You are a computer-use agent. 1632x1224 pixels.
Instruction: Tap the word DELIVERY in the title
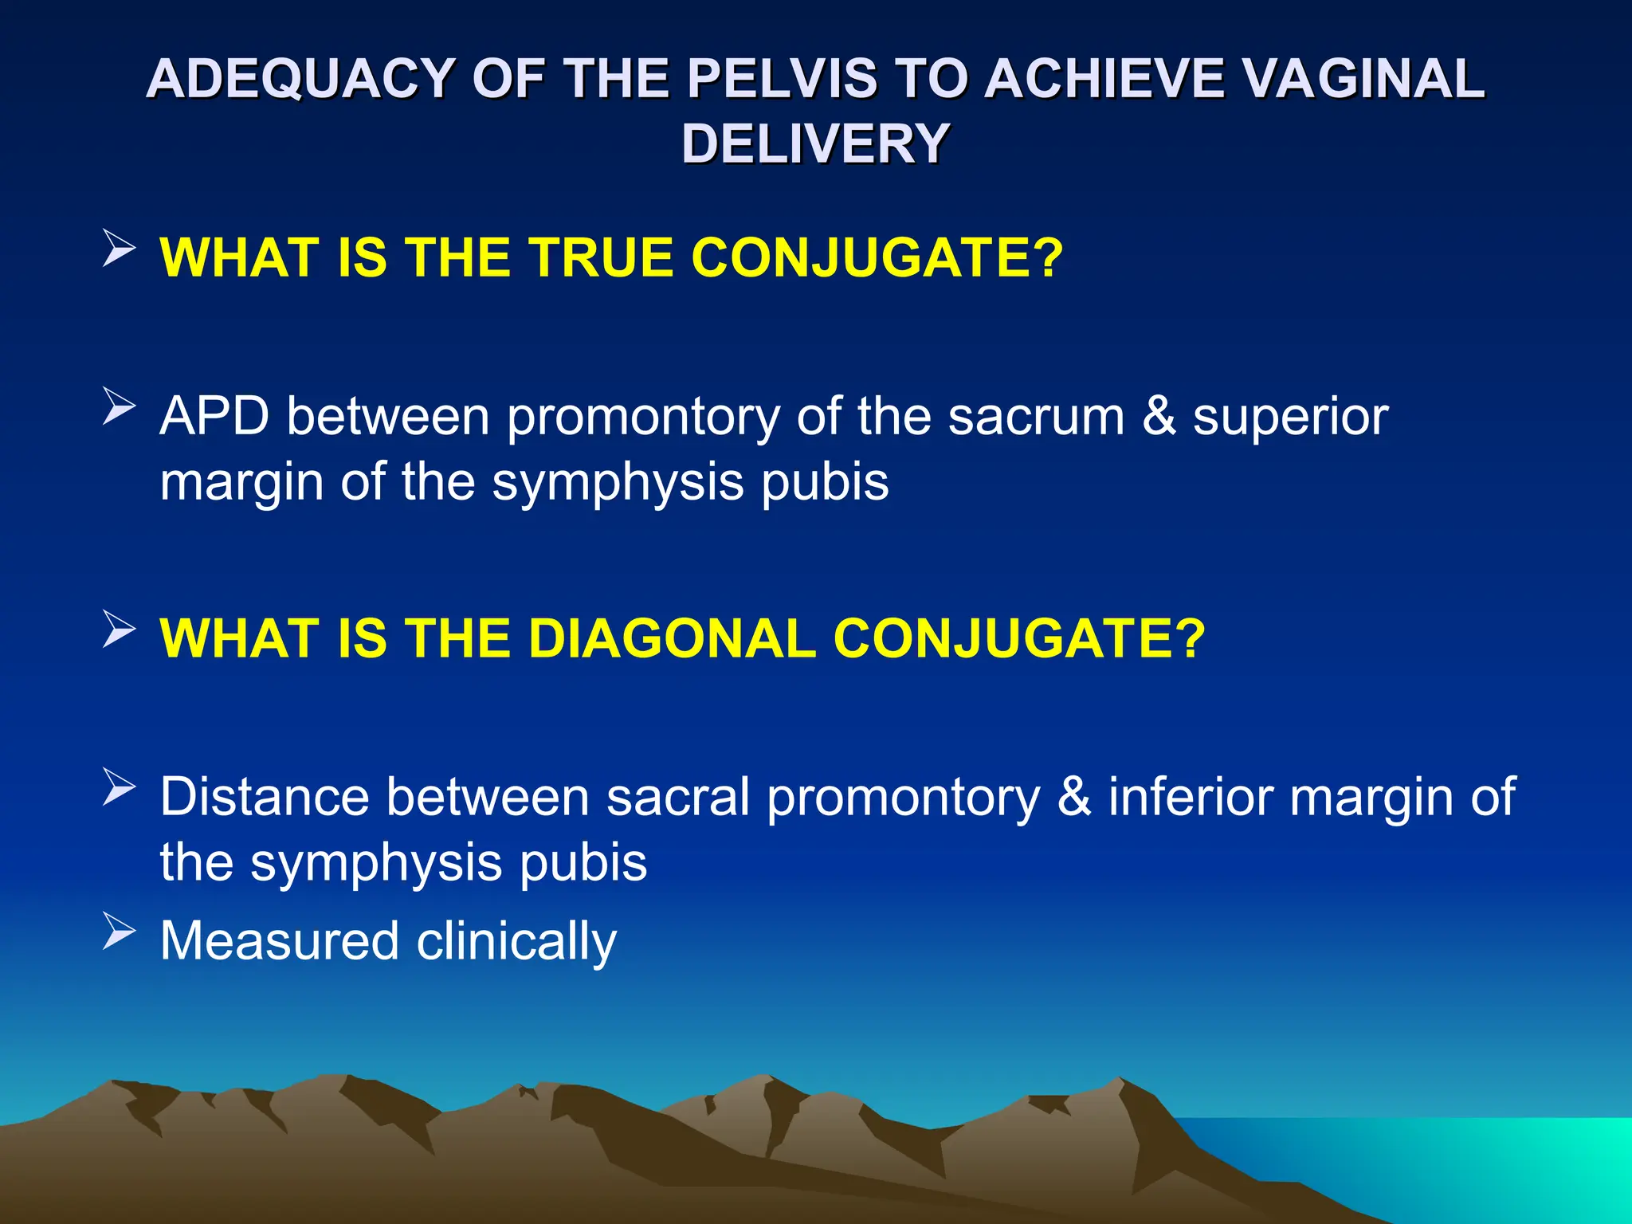point(815,144)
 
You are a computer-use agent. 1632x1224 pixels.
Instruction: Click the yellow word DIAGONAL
point(672,639)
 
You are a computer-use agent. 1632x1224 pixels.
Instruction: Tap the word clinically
point(516,941)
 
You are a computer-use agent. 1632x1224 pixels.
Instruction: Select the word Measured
point(279,941)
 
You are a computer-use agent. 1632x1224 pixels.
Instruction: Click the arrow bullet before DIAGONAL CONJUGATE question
point(119,630)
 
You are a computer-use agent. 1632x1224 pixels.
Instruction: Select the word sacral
point(678,796)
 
